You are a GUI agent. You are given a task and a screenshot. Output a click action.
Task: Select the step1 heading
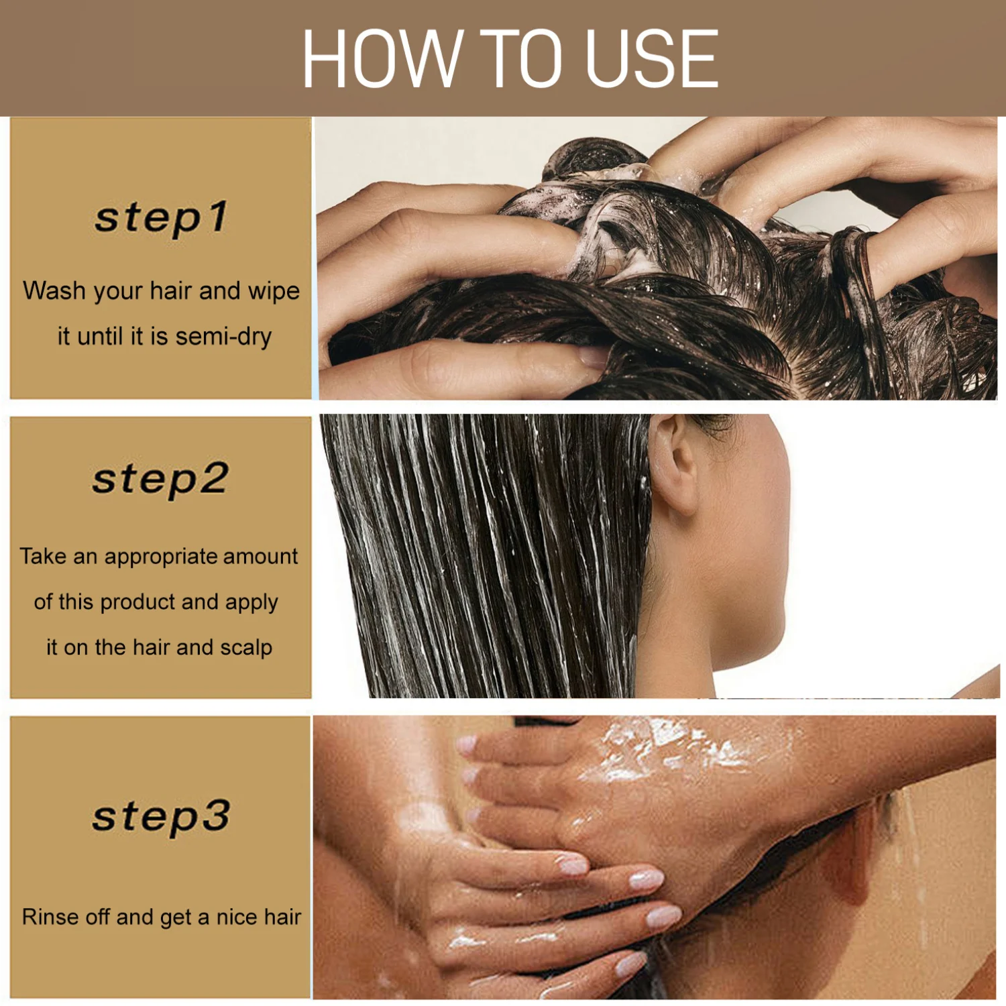coord(161,218)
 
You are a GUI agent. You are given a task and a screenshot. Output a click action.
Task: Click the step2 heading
coord(161,480)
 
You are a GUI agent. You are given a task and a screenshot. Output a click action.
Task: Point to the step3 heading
coord(161,817)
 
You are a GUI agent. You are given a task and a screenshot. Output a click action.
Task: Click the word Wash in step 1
coord(54,291)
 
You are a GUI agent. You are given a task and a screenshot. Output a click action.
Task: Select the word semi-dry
coord(223,337)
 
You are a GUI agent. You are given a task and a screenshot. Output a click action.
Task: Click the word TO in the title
coord(524,58)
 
